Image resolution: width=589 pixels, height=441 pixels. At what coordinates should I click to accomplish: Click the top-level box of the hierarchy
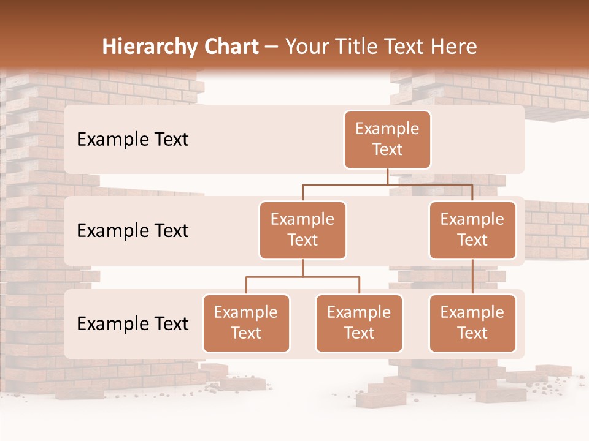click(387, 139)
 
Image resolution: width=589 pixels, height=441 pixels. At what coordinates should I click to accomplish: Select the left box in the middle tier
click(302, 230)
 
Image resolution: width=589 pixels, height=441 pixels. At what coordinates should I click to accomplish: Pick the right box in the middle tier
click(472, 230)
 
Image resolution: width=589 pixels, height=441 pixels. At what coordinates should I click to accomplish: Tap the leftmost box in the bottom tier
click(246, 323)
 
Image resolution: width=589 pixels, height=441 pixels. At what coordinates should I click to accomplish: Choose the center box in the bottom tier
click(359, 323)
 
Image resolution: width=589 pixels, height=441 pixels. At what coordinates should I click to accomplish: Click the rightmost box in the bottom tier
click(472, 323)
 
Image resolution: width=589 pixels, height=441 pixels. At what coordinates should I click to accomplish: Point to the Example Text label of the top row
click(133, 140)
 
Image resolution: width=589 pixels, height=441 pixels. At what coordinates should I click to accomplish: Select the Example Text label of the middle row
click(133, 231)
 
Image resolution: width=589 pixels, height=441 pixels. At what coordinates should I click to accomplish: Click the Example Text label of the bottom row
click(133, 324)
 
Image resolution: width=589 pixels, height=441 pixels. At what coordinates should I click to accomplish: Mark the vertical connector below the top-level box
click(387, 176)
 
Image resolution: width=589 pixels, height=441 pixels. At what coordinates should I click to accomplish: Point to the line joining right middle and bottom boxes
click(472, 277)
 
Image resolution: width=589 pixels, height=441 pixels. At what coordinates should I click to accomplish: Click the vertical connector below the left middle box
click(302, 268)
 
